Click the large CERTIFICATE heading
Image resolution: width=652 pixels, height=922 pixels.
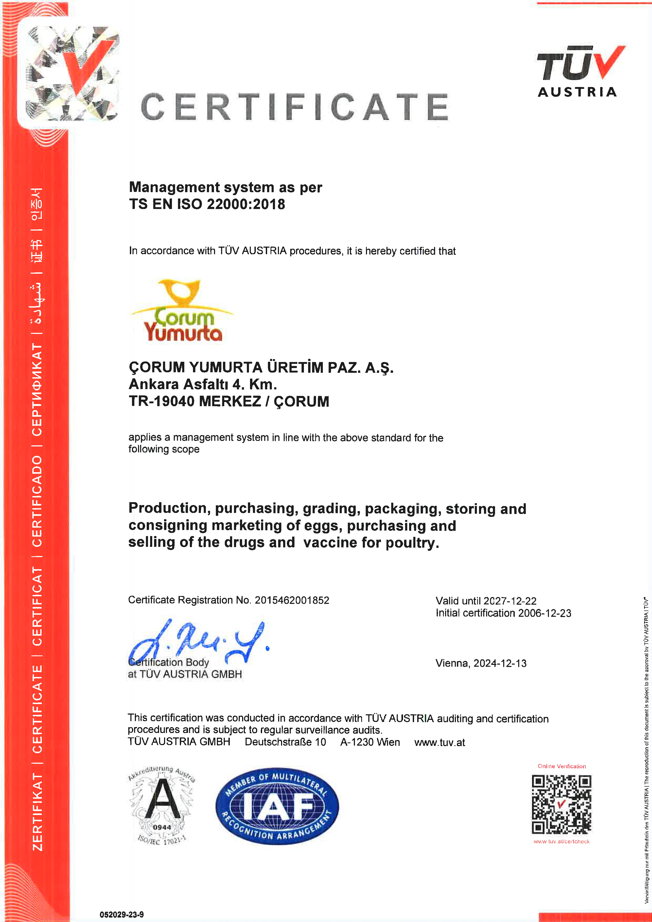pos(294,107)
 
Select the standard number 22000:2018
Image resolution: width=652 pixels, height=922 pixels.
pos(246,204)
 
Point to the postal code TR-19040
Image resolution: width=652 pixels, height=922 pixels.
pos(162,401)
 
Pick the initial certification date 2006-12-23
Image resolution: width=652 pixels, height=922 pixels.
pos(544,613)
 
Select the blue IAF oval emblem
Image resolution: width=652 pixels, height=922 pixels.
pos(277,806)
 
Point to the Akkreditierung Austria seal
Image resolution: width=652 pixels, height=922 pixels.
pos(162,806)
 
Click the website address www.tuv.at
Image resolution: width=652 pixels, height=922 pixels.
pos(439,742)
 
